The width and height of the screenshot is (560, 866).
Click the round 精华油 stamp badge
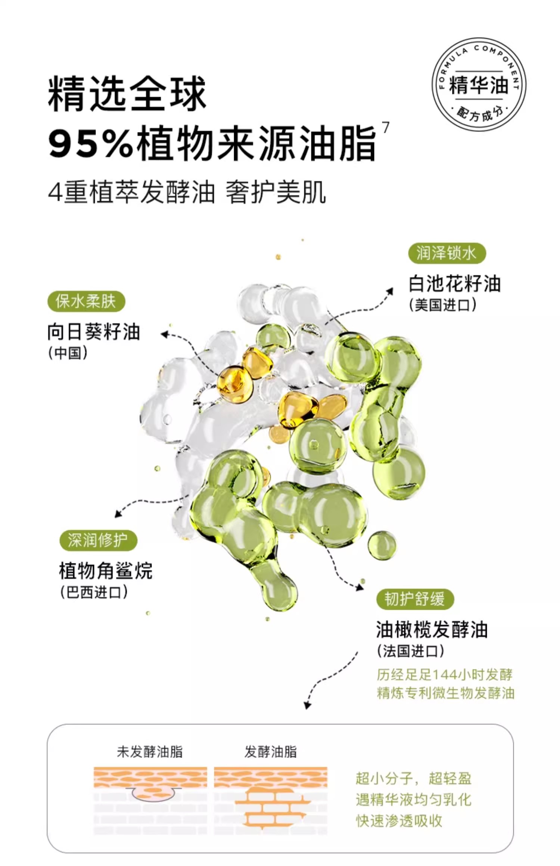pyautogui.click(x=479, y=84)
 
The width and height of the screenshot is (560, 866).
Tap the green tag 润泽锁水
pyautogui.click(x=447, y=254)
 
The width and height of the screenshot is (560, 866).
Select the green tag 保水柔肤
pyautogui.click(x=86, y=301)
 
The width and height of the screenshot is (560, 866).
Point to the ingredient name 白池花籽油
pyautogui.click(x=454, y=284)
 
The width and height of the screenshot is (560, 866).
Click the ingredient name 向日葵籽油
pyautogui.click(x=94, y=332)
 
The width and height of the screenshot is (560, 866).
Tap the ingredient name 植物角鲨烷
pyautogui.click(x=106, y=571)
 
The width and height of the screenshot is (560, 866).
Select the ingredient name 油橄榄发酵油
pyautogui.click(x=432, y=630)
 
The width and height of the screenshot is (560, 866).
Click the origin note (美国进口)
pyautogui.click(x=442, y=305)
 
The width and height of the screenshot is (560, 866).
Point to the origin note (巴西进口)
pyautogui.click(x=94, y=592)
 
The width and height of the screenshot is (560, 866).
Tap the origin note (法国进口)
pyautogui.click(x=410, y=651)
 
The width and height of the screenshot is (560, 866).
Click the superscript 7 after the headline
pyautogui.click(x=386, y=128)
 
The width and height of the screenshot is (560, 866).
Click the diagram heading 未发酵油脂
pyautogui.click(x=150, y=752)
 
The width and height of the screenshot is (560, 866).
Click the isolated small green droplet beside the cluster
pyautogui.click(x=382, y=546)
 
